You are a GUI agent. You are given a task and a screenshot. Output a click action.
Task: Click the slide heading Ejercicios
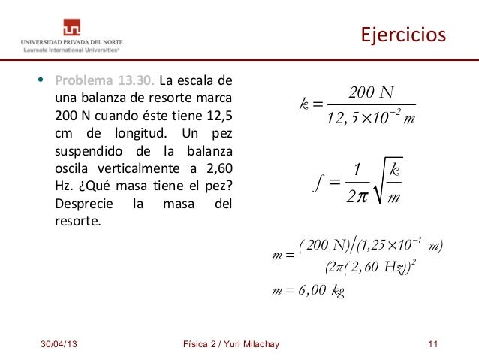point(403,35)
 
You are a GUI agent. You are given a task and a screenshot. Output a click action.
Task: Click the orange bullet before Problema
point(44,81)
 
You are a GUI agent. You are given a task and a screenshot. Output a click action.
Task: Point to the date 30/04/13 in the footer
point(57,344)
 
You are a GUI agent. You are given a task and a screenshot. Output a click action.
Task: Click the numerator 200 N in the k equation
point(372,93)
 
